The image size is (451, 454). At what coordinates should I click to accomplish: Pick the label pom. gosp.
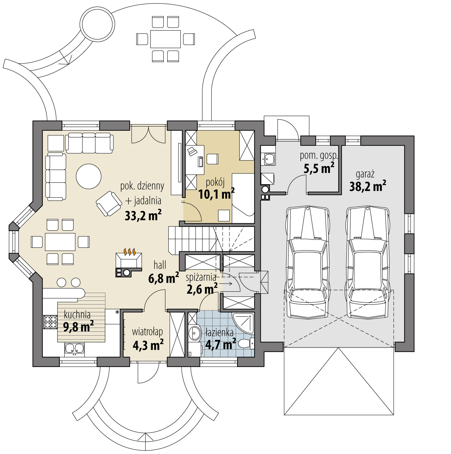(x=319, y=156)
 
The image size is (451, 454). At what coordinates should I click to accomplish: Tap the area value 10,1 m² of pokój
(x=216, y=194)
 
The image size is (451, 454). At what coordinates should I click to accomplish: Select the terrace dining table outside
(x=165, y=39)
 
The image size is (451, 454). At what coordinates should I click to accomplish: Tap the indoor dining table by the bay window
(x=60, y=242)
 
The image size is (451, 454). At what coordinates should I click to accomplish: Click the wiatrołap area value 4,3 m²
(x=148, y=345)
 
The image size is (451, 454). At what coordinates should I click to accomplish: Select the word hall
(x=160, y=265)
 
